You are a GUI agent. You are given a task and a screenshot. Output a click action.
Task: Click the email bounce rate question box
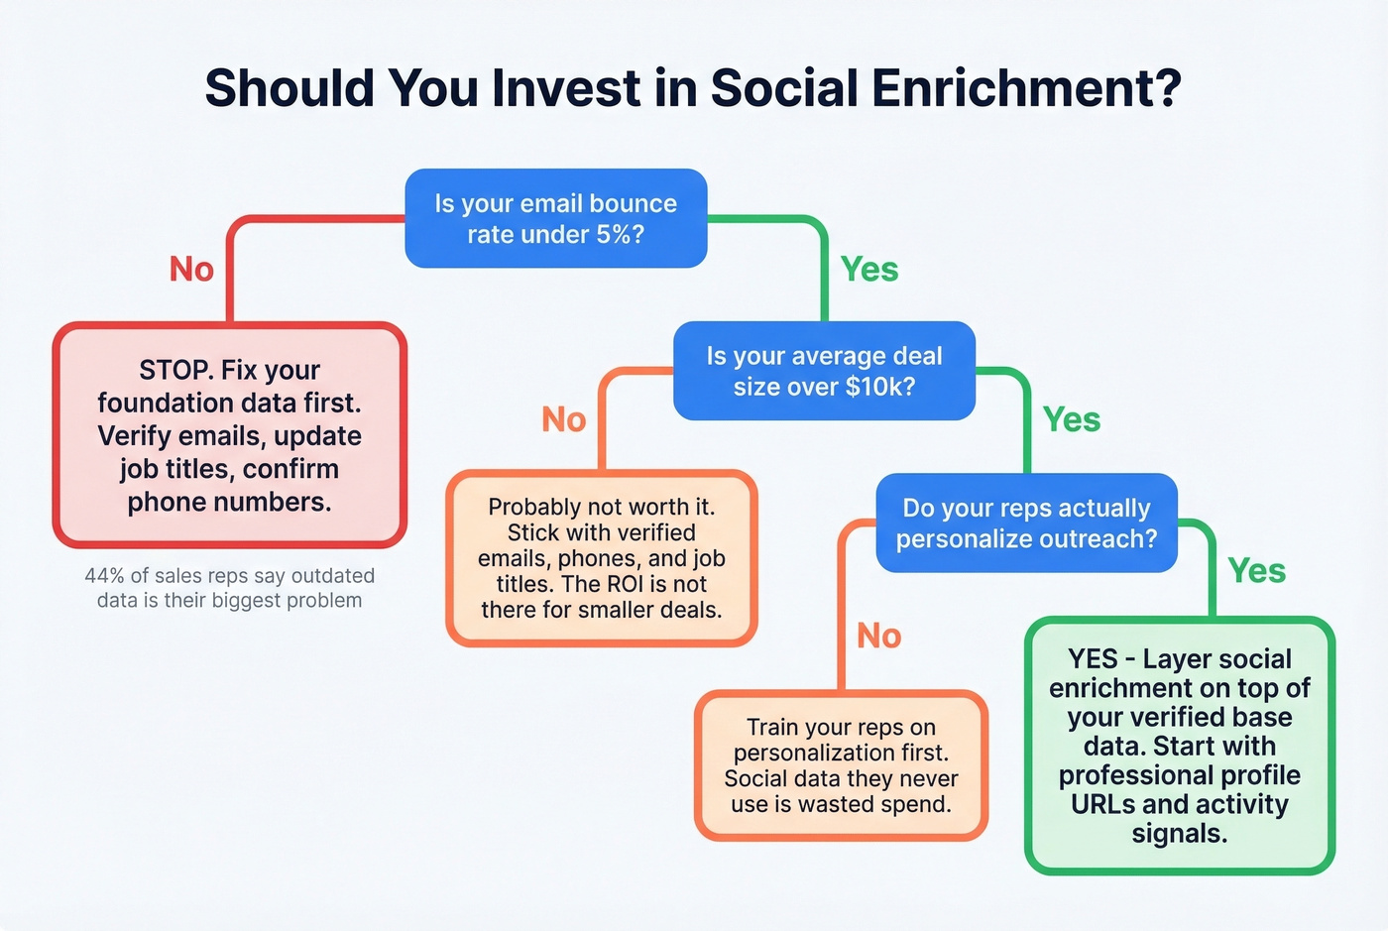point(556,218)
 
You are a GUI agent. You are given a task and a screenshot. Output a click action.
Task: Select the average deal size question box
point(824,371)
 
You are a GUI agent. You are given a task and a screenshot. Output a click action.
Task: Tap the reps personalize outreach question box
point(1026,523)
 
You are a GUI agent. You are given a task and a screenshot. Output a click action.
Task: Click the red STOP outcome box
point(229,435)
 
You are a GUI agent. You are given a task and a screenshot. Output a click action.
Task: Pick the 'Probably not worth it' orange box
point(602,558)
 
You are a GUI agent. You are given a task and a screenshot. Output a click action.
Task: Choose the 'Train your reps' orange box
point(841,765)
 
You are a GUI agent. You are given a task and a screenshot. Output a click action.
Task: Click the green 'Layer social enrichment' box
point(1179,746)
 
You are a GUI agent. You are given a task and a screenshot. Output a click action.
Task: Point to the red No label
point(191,270)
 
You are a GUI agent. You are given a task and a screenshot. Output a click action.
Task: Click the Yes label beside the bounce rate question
point(869,270)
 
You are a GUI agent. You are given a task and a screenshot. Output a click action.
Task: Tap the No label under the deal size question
point(564,420)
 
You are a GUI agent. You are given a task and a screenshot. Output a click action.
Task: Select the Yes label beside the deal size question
point(1072,420)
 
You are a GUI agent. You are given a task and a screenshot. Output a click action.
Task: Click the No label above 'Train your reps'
point(879,637)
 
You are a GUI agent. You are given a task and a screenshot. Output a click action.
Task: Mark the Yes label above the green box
point(1256,571)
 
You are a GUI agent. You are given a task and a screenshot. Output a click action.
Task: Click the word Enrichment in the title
point(1026,88)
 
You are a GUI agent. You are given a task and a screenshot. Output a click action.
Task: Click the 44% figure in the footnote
point(103,576)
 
